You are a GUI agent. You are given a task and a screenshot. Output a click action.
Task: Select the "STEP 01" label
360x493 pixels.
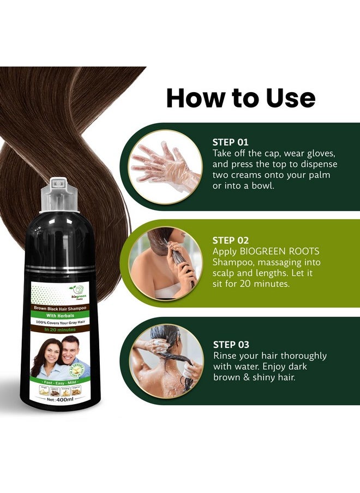[230, 142]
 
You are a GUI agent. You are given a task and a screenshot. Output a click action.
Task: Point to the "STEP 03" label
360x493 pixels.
[231, 345]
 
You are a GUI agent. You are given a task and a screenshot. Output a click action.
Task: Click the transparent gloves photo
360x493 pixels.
[165, 166]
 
